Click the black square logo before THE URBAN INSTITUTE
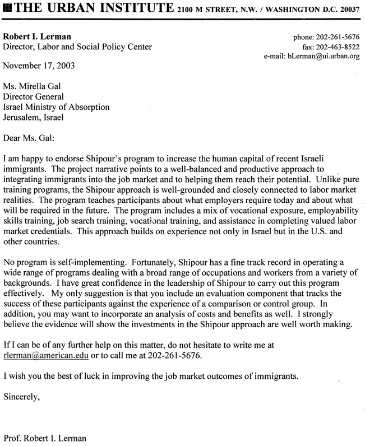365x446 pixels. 6,8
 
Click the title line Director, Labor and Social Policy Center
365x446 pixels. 77,47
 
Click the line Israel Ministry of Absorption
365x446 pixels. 57,107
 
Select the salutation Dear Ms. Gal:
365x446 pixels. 31,137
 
